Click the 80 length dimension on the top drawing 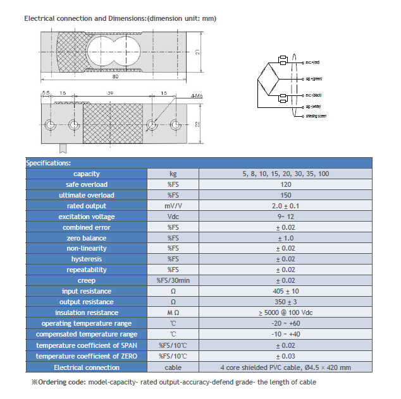click(116, 78)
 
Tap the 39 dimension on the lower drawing click(111, 93)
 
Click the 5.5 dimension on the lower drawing click(46, 93)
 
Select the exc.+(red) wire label click(312, 62)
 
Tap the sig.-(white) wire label click(313, 108)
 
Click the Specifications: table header click(49, 163)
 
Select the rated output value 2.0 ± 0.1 click(285, 206)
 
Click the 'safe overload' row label click(87, 184)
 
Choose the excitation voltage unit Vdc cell click(173, 217)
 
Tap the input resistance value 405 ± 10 click(285, 291)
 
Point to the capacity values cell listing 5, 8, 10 click(285, 174)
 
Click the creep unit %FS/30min click(173, 280)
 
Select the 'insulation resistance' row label click(87, 313)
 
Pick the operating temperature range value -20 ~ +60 click(285, 323)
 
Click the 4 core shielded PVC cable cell click(285, 367)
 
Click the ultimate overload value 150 click(285, 195)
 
